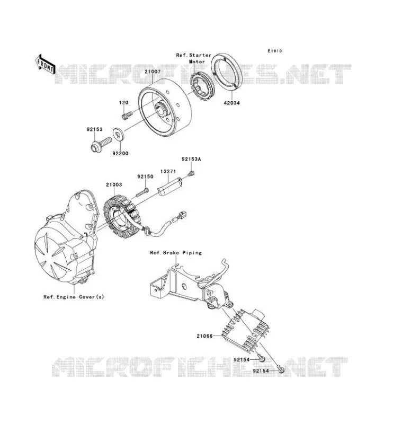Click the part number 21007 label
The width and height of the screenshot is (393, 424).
(x=153, y=72)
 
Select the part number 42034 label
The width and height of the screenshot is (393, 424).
(x=231, y=103)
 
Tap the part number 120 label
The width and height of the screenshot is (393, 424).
(x=123, y=102)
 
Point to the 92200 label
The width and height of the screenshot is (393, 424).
(x=120, y=153)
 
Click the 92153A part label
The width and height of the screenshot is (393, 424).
(x=191, y=160)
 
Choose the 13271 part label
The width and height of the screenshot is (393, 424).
(x=168, y=171)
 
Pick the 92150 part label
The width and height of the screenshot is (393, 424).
(x=145, y=176)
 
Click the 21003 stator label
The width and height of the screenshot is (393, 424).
(x=114, y=184)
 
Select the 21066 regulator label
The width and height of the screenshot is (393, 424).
(x=204, y=336)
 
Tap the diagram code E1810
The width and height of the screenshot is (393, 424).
(x=275, y=51)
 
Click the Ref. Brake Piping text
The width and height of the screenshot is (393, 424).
(x=176, y=253)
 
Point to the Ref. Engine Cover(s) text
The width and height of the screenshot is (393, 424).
(x=74, y=297)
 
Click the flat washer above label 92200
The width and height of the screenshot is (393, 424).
(x=118, y=135)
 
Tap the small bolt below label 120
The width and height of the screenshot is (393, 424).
(x=127, y=115)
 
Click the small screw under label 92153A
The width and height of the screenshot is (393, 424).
(x=192, y=173)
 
